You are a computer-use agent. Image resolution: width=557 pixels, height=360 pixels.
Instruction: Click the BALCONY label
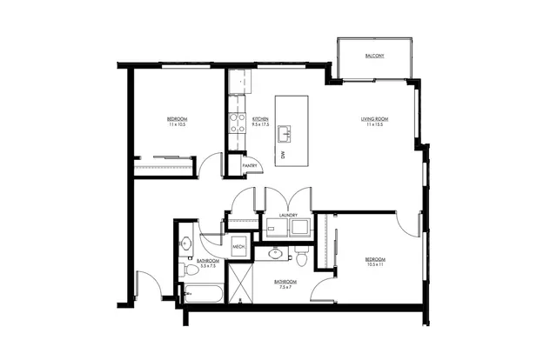(x=374, y=56)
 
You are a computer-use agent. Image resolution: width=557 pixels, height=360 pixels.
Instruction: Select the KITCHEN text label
(x=259, y=118)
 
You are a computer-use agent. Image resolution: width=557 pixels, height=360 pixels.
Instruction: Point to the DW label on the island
(x=283, y=155)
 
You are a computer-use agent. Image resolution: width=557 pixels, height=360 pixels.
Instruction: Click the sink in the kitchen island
(x=285, y=134)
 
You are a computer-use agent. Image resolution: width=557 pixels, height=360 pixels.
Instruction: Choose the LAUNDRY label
(x=289, y=215)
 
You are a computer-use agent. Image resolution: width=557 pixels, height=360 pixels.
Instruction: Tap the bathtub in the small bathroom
(x=204, y=293)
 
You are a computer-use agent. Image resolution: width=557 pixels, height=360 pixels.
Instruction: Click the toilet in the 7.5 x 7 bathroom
(x=301, y=258)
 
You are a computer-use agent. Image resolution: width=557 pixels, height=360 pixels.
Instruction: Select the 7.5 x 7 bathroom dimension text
(x=285, y=287)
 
